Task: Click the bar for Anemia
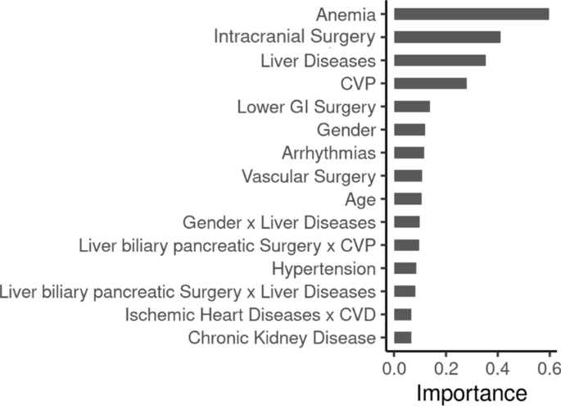coord(471,14)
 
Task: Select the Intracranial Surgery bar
coord(447,37)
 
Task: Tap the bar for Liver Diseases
coord(440,60)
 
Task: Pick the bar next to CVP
coord(430,83)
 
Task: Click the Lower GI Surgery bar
coord(412,107)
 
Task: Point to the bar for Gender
coord(409,130)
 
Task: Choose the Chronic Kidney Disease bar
coord(402,338)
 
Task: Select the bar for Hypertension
coord(405,268)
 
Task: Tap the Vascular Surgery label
coord(309,176)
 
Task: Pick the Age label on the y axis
coord(360,199)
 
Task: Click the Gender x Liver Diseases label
coord(278,222)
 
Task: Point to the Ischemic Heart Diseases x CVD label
coord(251,315)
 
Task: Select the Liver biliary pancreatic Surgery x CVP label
coord(227,245)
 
